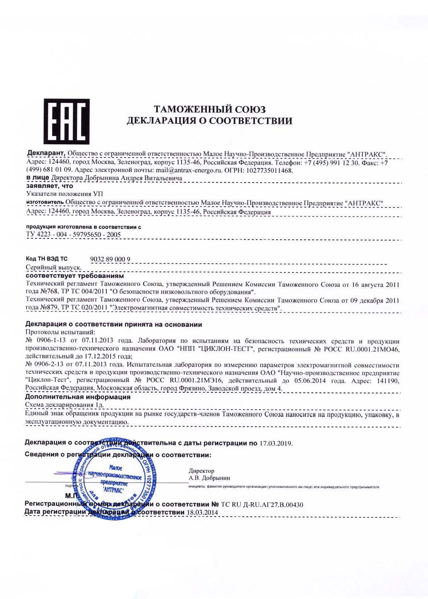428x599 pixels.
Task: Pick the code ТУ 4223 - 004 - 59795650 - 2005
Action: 73,235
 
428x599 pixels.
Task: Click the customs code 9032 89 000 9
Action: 110,259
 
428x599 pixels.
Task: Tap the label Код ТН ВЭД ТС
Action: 47,259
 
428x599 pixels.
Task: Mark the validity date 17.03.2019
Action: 276,443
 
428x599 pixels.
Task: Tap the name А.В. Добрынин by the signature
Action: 209,478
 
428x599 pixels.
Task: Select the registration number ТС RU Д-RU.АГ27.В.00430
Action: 262,505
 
